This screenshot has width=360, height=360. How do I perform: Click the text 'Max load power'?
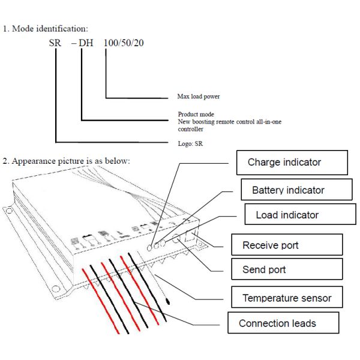coord(203,96)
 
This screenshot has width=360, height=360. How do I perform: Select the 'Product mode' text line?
coord(196,114)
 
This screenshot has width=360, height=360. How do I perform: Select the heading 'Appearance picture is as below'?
coord(70,161)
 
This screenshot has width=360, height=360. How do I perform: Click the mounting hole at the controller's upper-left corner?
coord(8,211)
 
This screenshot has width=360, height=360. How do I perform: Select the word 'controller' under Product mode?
coord(191,129)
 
